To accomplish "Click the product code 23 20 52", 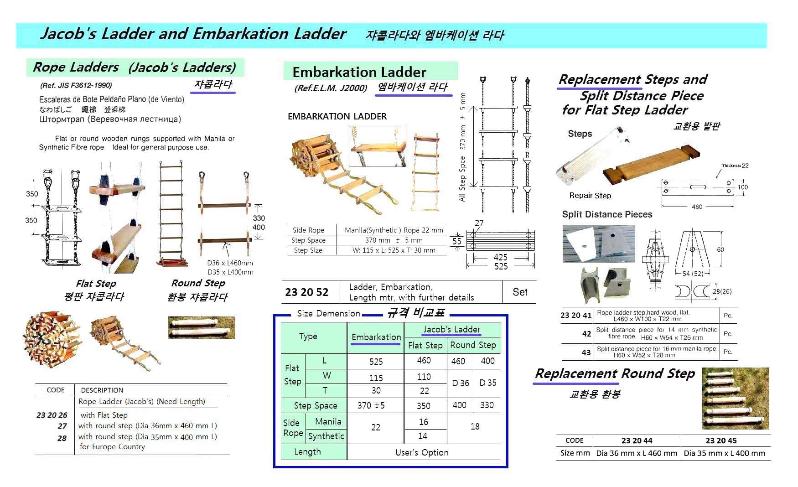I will click(x=306, y=292).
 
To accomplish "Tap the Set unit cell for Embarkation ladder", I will click(x=519, y=292).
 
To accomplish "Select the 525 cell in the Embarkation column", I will click(x=376, y=362).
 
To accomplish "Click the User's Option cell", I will click(x=422, y=452).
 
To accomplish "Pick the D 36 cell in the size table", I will click(x=460, y=383).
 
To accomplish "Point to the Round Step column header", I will click(x=473, y=345).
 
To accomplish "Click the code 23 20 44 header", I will click(x=637, y=440).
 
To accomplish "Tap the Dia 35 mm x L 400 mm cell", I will click(x=724, y=453).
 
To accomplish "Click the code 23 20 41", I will click(x=576, y=315).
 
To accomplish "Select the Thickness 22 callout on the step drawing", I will click(x=735, y=166).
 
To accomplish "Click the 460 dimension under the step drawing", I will click(x=697, y=207).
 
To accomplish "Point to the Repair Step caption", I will click(x=590, y=196).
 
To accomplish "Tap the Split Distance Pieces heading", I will click(x=607, y=214).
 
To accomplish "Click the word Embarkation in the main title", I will click(x=240, y=34).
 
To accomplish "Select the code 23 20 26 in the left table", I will click(x=52, y=415).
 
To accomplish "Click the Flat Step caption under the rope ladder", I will click(x=96, y=283).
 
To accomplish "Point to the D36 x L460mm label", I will click(x=230, y=263).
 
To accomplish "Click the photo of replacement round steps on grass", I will click(x=735, y=398).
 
